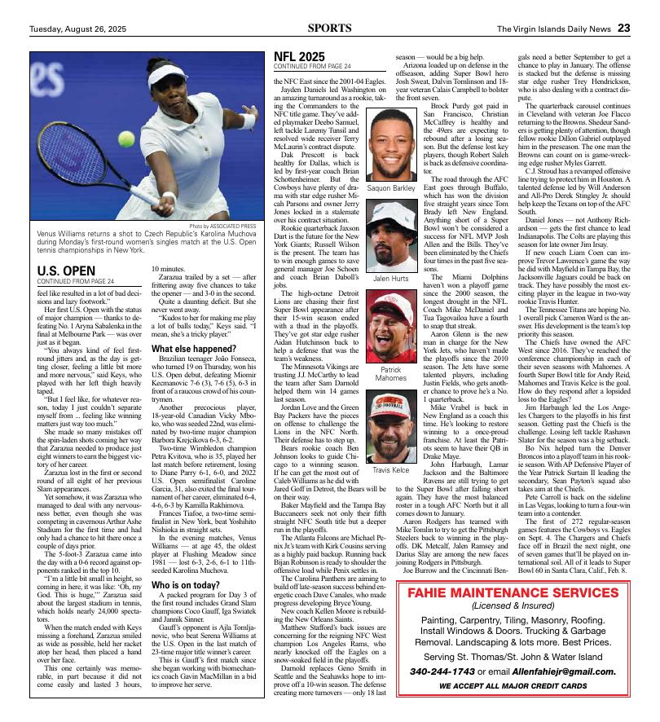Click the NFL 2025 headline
[299, 55]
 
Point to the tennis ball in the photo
[126, 139]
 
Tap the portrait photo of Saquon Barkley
[391, 145]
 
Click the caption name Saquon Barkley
[391, 188]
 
